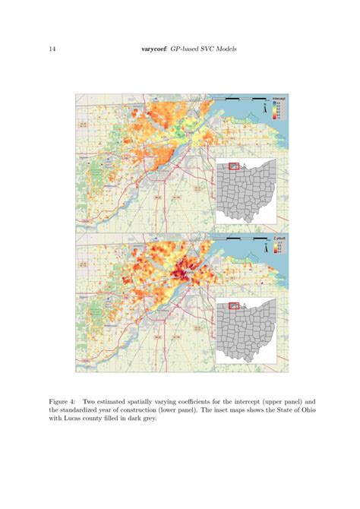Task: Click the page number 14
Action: [x=52, y=50]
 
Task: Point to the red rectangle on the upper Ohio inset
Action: [x=235, y=166]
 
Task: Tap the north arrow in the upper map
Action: [x=264, y=109]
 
